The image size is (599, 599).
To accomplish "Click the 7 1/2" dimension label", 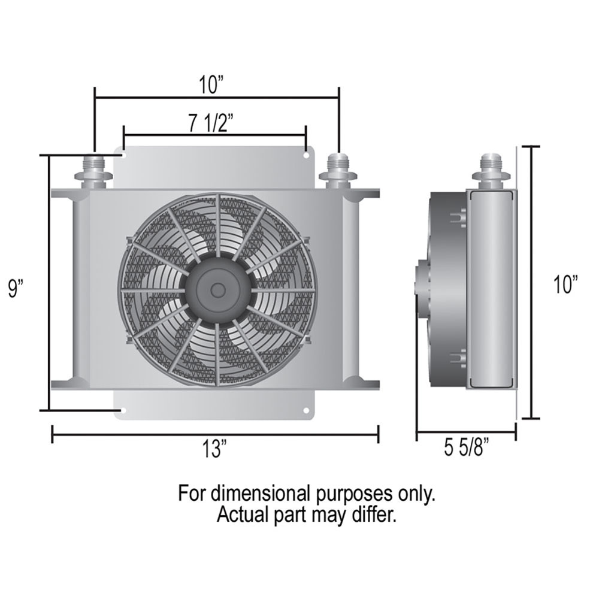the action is pyautogui.click(x=210, y=123).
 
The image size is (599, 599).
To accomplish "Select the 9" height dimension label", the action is pyautogui.click(x=16, y=289).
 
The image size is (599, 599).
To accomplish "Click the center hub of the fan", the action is pyautogui.click(x=218, y=290).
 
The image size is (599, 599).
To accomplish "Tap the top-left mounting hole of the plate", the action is pyautogui.click(x=124, y=156).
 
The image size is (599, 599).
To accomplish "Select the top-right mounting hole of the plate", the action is pyautogui.click(x=306, y=156).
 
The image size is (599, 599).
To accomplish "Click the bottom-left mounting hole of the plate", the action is pyautogui.click(x=123, y=411).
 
